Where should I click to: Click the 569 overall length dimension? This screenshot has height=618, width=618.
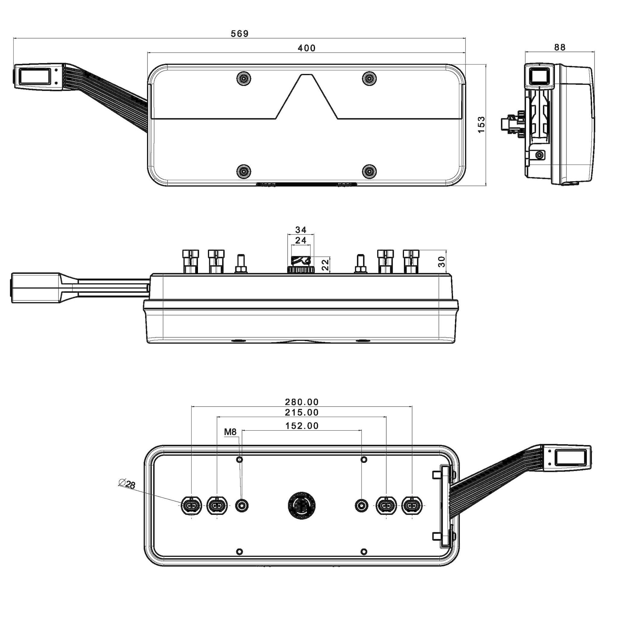click(239, 33)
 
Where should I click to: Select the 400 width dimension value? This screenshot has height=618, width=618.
click(307, 48)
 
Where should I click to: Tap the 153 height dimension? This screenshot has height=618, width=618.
click(481, 125)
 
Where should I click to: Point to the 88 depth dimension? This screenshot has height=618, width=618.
click(560, 47)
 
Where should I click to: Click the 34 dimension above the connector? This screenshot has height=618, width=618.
click(301, 230)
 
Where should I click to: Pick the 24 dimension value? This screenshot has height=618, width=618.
click(301, 240)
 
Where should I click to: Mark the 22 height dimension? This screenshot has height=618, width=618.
click(325, 265)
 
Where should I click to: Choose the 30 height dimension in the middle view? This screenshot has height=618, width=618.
click(442, 261)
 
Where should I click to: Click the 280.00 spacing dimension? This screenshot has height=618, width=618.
click(302, 402)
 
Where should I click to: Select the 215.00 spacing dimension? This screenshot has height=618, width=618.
click(302, 413)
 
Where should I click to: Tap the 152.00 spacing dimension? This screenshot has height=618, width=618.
click(302, 426)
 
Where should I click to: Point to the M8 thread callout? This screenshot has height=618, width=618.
click(230, 432)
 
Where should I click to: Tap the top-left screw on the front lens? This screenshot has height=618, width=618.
click(244, 78)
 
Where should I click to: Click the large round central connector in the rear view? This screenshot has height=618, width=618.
click(301, 505)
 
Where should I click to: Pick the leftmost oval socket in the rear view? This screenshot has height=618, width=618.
click(191, 506)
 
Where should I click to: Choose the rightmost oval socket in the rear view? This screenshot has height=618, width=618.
click(412, 506)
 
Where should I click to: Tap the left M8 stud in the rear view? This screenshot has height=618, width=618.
click(241, 506)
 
